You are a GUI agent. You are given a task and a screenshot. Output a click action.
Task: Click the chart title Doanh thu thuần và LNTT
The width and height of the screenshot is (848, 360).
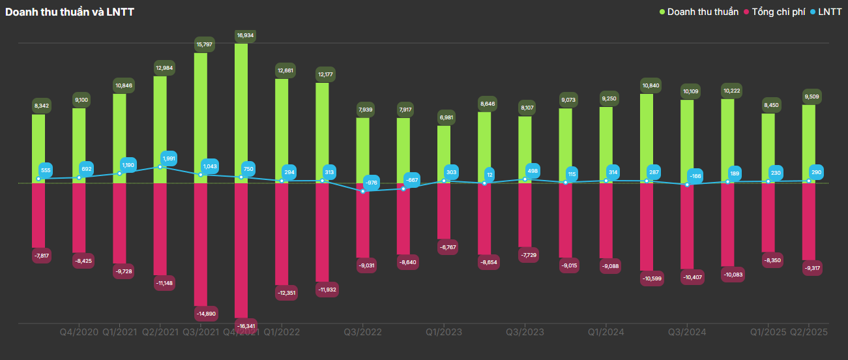click(x=70, y=12)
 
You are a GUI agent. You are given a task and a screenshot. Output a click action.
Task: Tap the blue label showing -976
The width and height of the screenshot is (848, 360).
click(x=371, y=183)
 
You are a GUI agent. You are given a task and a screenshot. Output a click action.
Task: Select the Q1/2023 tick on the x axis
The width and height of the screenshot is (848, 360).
click(x=444, y=332)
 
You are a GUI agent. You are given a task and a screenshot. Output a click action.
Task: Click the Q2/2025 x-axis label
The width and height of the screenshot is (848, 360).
click(x=809, y=332)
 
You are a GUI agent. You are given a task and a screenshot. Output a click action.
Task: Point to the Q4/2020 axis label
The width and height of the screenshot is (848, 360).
click(x=79, y=332)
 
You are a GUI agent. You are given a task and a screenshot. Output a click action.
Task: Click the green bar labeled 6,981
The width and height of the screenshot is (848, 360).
click(x=444, y=155)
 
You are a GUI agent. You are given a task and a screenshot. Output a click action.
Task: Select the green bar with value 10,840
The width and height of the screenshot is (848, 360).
click(x=647, y=138)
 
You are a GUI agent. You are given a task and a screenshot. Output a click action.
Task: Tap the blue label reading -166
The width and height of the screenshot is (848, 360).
click(x=694, y=176)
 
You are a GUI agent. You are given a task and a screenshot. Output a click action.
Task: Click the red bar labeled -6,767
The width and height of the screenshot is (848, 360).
click(x=444, y=211)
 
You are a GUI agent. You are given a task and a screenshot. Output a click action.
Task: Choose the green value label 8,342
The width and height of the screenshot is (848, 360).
click(x=41, y=106)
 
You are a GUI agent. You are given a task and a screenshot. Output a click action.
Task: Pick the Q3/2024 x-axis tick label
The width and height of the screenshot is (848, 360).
click(x=687, y=332)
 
